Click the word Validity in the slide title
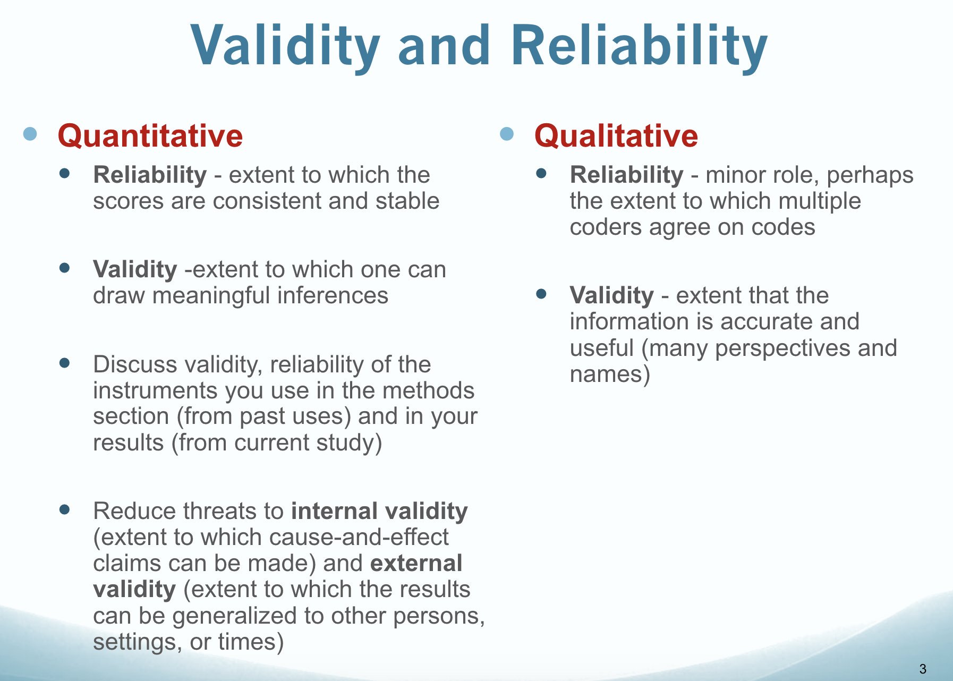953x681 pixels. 286,47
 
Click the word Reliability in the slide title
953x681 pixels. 640,47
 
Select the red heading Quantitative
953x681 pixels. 150,135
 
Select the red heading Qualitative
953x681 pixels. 616,135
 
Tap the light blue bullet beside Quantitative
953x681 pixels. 30,134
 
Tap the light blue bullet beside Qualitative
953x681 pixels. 507,134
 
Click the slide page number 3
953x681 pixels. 923,669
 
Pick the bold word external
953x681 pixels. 416,563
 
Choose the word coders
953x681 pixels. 606,227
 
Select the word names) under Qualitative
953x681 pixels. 610,374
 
